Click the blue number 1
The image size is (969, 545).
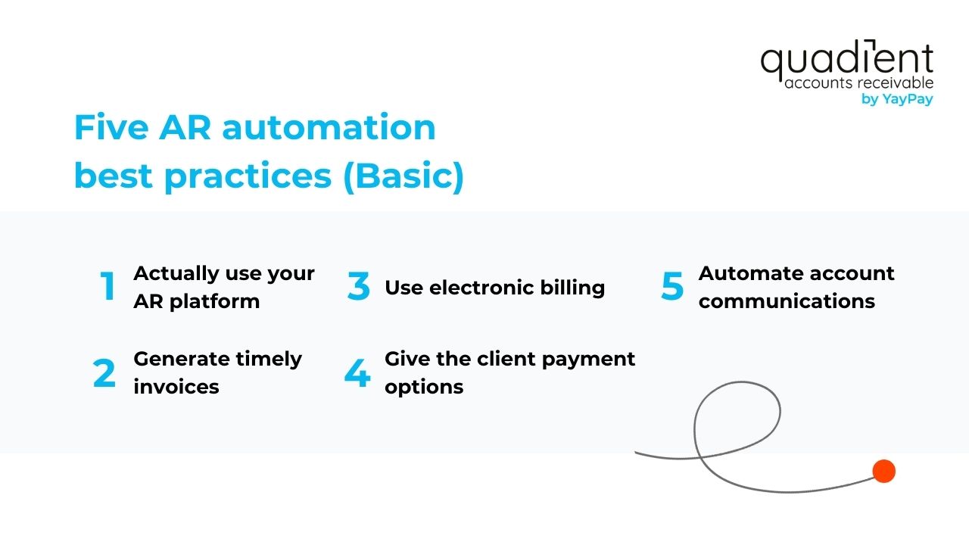108,286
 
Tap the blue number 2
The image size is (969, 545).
104,373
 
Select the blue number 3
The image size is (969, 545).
359,286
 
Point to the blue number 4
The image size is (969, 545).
357,373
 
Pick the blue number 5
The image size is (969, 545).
671,286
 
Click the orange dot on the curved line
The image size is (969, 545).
883,471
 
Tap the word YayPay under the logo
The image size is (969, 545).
907,99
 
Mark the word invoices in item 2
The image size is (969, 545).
176,387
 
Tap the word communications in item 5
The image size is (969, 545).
787,301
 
